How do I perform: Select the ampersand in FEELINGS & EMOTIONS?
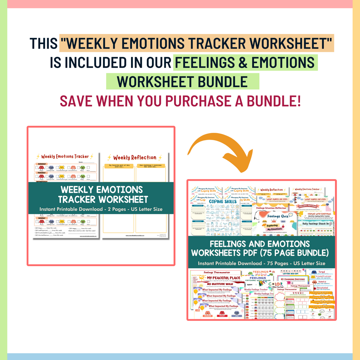243,62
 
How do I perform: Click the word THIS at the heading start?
44,43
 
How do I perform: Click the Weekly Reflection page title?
135,158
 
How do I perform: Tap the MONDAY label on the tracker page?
42,164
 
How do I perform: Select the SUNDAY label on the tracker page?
42,218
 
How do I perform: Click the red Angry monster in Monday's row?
41,168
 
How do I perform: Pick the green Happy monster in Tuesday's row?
83,176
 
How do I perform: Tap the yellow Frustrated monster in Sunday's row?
62,222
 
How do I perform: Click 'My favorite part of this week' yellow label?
119,166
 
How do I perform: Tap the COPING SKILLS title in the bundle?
223,201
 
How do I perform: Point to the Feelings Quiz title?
278,216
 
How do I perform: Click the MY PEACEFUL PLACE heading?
224,278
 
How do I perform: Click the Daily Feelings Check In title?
315,224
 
